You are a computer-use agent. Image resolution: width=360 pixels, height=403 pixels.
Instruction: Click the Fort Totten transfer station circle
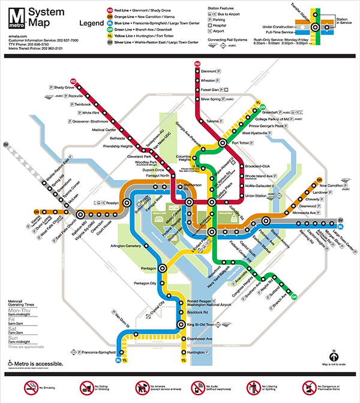(x=223, y=143)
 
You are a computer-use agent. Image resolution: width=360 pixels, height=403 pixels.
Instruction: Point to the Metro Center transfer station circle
(x=188, y=202)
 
